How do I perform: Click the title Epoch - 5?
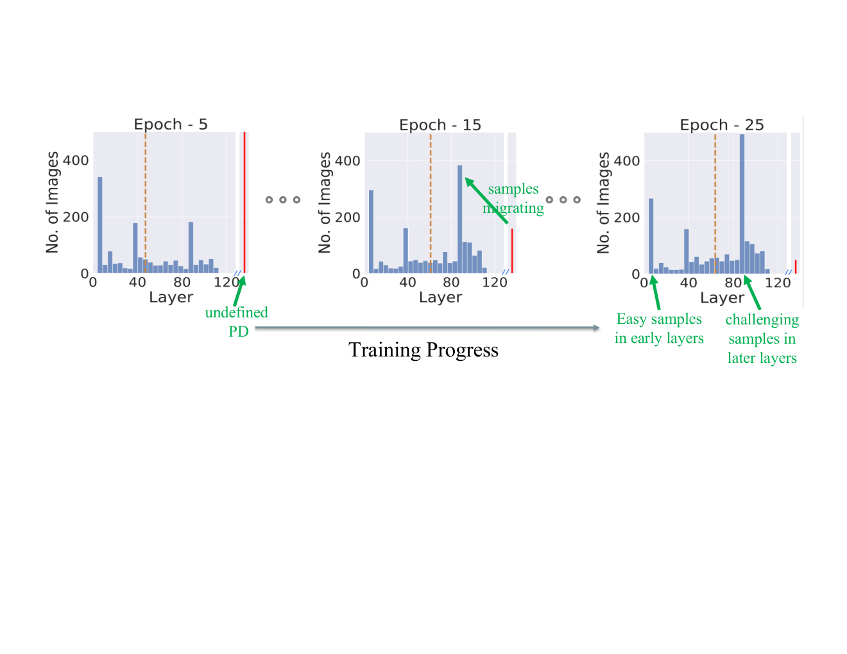tap(170, 124)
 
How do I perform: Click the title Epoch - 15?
tap(440, 125)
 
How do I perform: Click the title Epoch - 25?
tap(721, 125)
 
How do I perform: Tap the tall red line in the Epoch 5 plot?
tap(244, 203)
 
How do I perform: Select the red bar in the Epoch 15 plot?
tap(512, 251)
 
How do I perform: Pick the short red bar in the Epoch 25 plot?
tap(796, 267)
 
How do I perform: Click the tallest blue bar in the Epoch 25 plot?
tap(742, 204)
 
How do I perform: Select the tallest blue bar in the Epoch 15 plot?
tap(460, 219)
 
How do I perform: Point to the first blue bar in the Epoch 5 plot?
tap(100, 225)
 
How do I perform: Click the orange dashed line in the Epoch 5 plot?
tap(146, 203)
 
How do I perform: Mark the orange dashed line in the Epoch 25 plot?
tap(715, 203)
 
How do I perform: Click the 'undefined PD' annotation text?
tap(237, 322)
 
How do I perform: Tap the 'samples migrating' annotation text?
tap(513, 198)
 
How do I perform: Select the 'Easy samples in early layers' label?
tap(659, 328)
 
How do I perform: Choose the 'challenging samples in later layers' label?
tap(762, 339)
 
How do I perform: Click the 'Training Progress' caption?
tap(424, 349)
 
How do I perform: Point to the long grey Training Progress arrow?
tap(427, 328)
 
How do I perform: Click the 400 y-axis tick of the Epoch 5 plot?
tap(76, 160)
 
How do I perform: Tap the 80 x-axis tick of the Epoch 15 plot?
tap(451, 282)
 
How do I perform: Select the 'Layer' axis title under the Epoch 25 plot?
tap(722, 298)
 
